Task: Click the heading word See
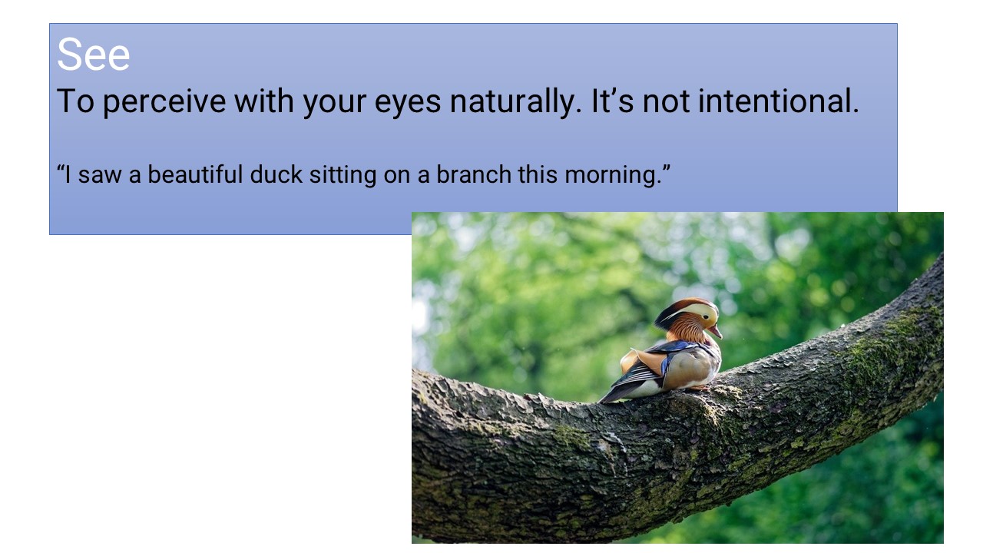94,55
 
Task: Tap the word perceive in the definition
164,102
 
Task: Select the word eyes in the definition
408,103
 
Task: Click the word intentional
779,101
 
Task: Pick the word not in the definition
666,102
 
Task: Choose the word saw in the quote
100,175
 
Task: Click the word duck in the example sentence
276,174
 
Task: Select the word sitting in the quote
343,175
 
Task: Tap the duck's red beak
715,331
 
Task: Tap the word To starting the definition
75,102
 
